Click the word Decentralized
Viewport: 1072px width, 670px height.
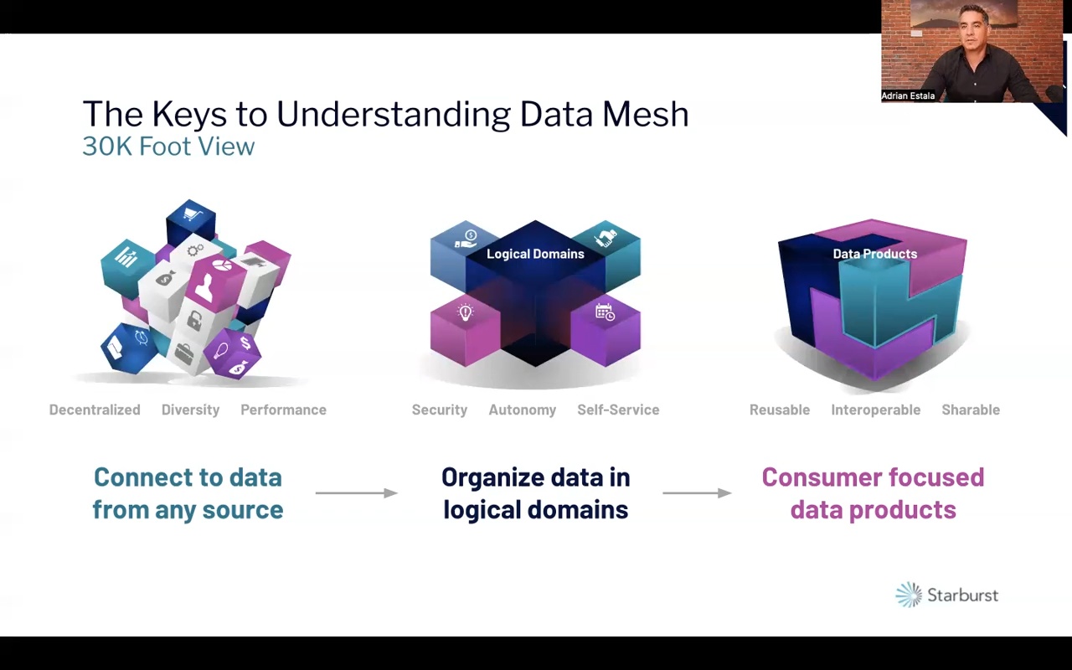(95, 410)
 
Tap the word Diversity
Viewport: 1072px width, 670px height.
(190, 410)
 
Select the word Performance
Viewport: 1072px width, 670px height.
(283, 410)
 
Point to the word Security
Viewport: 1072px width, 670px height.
(439, 410)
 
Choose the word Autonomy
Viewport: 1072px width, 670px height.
(522, 410)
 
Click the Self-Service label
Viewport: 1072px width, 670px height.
(618, 410)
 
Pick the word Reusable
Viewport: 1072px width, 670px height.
(780, 410)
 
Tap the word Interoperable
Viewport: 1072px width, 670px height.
(875, 410)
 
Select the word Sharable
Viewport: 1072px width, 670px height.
(971, 410)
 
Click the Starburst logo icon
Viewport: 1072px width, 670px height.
(909, 595)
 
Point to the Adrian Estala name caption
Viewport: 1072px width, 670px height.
(908, 96)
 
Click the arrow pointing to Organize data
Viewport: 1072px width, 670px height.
(356, 492)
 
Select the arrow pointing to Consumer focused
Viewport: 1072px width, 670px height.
(697, 492)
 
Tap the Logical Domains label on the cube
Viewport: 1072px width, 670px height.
(535, 254)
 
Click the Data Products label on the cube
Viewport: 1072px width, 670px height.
(874, 254)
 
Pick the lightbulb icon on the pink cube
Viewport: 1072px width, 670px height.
(466, 313)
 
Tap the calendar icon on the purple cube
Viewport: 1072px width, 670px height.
(605, 312)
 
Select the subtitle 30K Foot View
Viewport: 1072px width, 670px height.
(168, 147)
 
